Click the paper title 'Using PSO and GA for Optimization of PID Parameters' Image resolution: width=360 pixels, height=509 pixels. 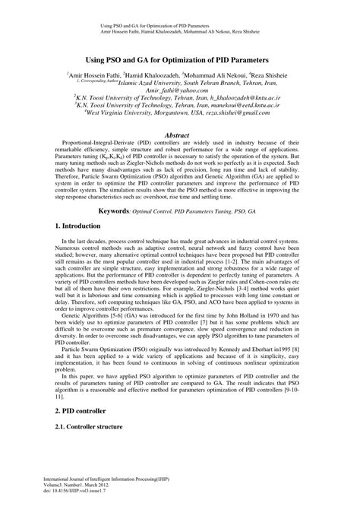180,58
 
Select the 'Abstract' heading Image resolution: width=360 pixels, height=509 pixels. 180,134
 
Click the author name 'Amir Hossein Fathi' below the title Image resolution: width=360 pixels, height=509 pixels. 97,77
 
